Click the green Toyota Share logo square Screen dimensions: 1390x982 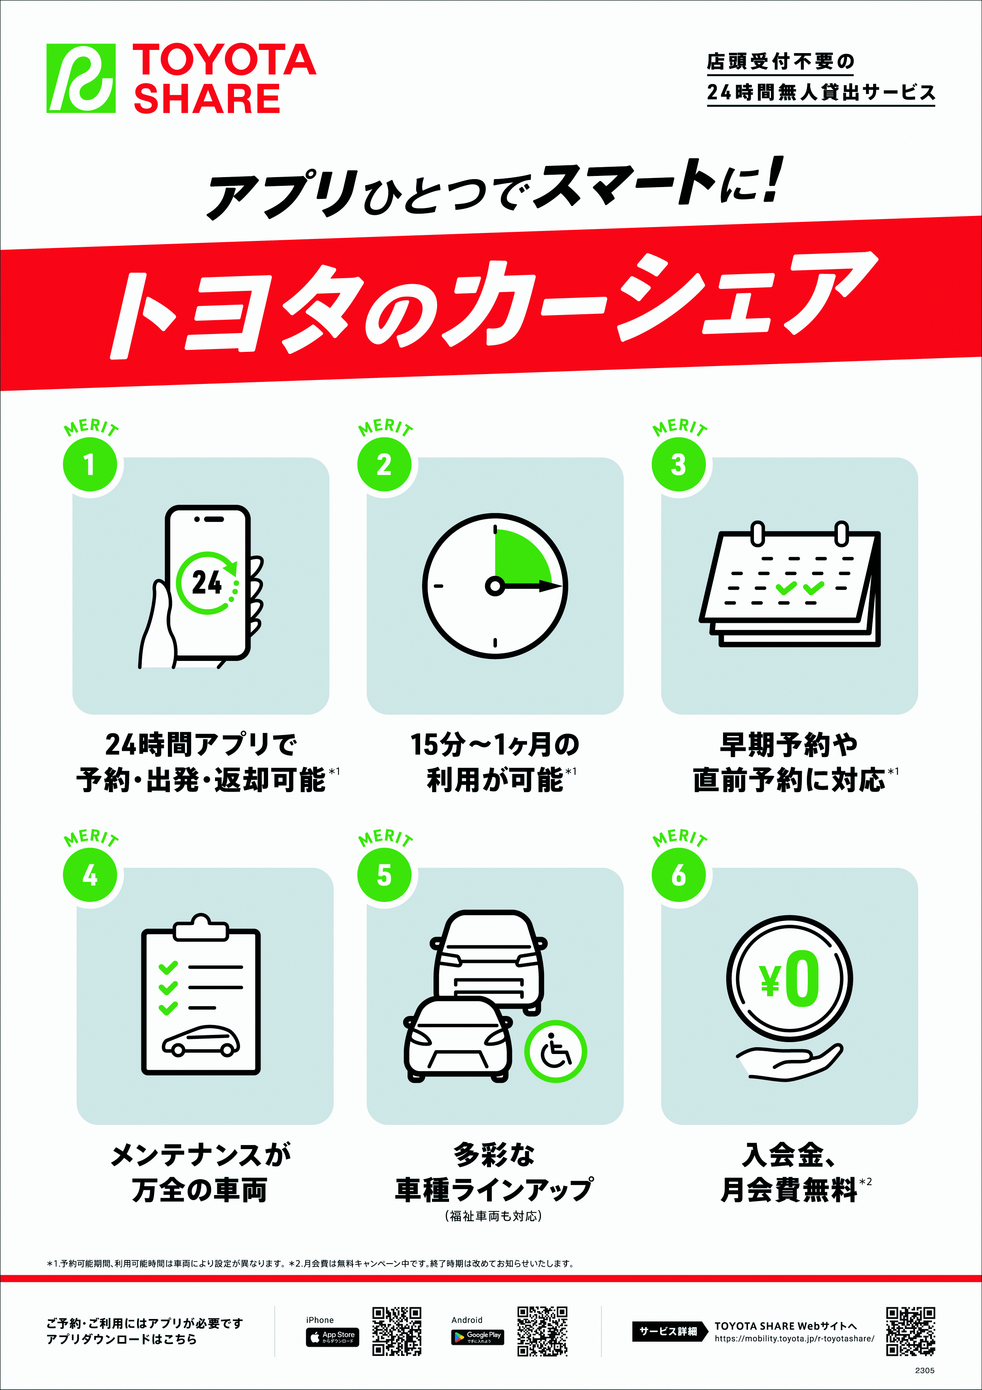point(81,78)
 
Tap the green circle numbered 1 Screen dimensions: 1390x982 point(89,465)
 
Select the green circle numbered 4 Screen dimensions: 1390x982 point(89,875)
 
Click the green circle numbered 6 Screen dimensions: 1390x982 point(678,875)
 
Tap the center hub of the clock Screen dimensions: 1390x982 point(495,586)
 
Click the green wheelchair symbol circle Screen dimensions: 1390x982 point(555,1052)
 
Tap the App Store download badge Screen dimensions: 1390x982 point(332,1337)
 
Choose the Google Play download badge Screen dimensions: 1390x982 point(478,1337)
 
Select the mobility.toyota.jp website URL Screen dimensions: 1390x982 point(794,1338)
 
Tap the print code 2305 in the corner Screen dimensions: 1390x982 point(925,1370)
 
